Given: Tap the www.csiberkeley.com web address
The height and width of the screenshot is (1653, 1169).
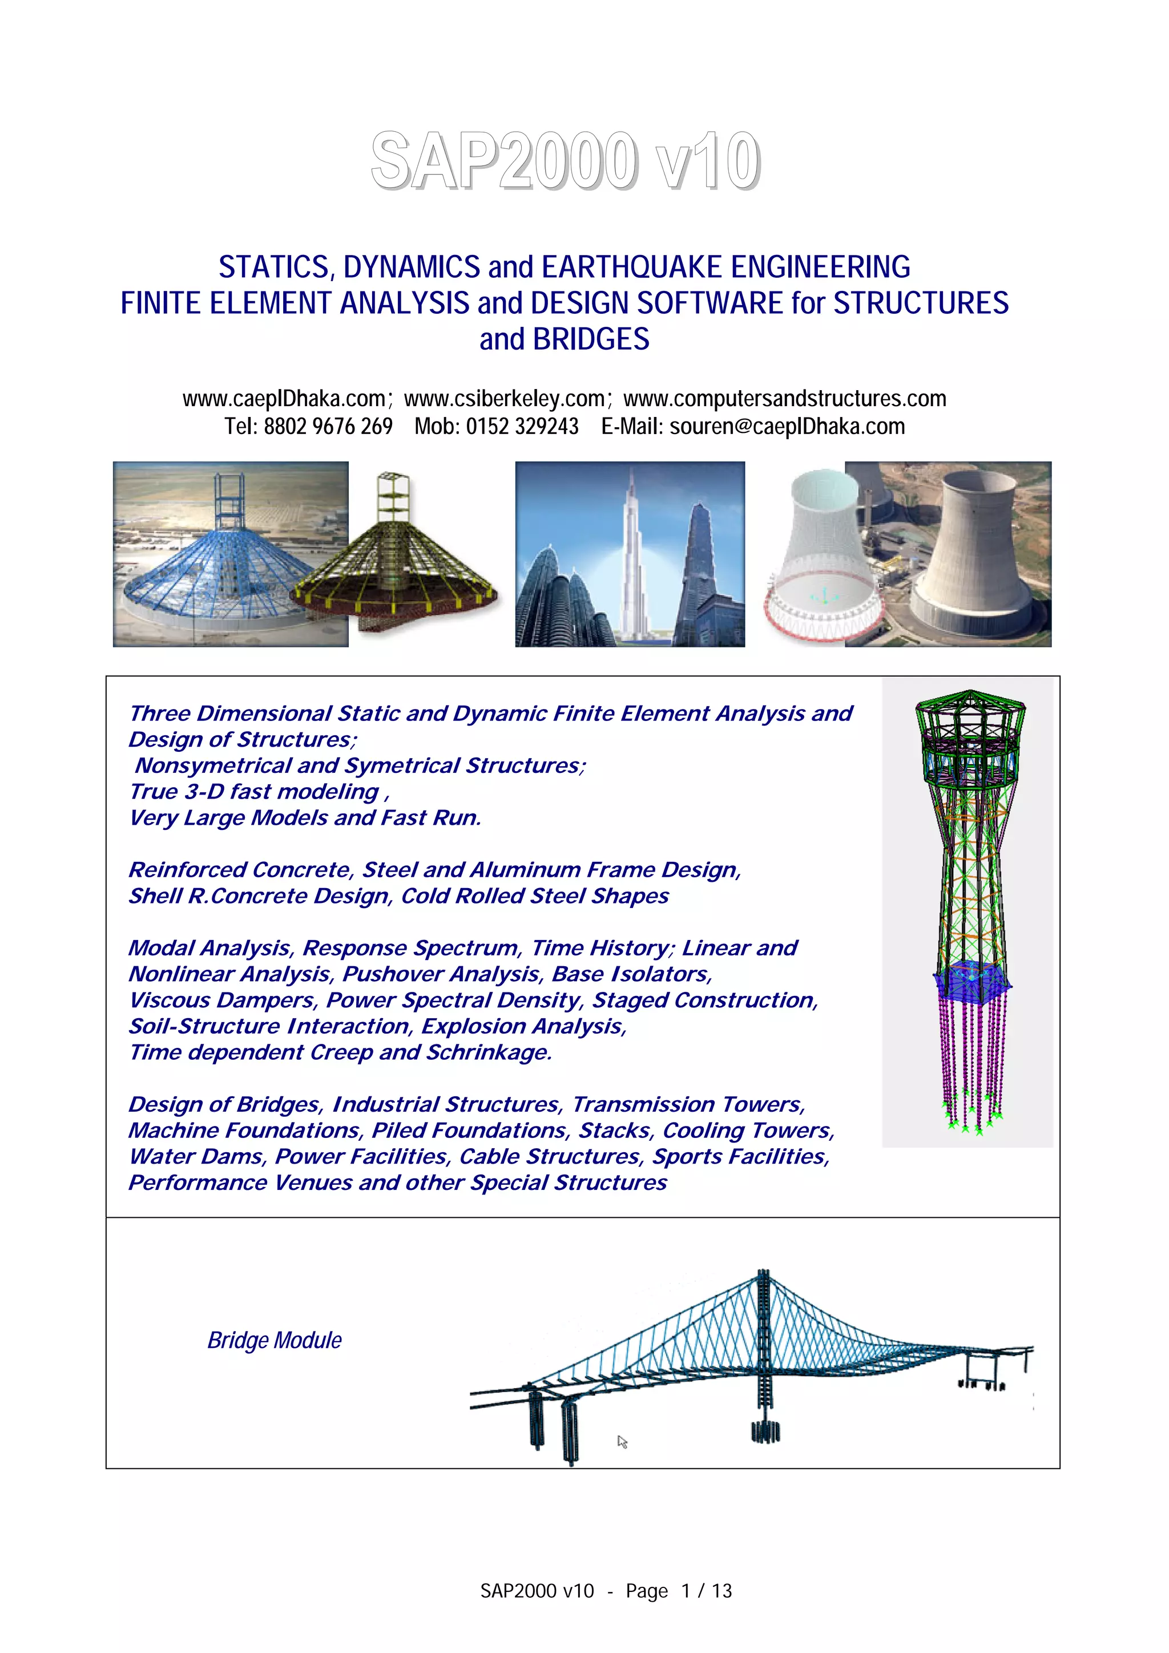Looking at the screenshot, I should point(504,398).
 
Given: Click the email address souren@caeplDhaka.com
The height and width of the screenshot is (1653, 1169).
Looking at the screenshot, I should point(787,426).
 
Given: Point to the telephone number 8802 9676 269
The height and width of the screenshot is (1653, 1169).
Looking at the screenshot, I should point(328,426).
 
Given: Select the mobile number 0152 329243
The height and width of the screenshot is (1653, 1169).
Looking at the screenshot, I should point(522,426).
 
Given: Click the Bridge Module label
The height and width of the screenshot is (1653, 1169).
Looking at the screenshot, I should point(275,1340).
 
